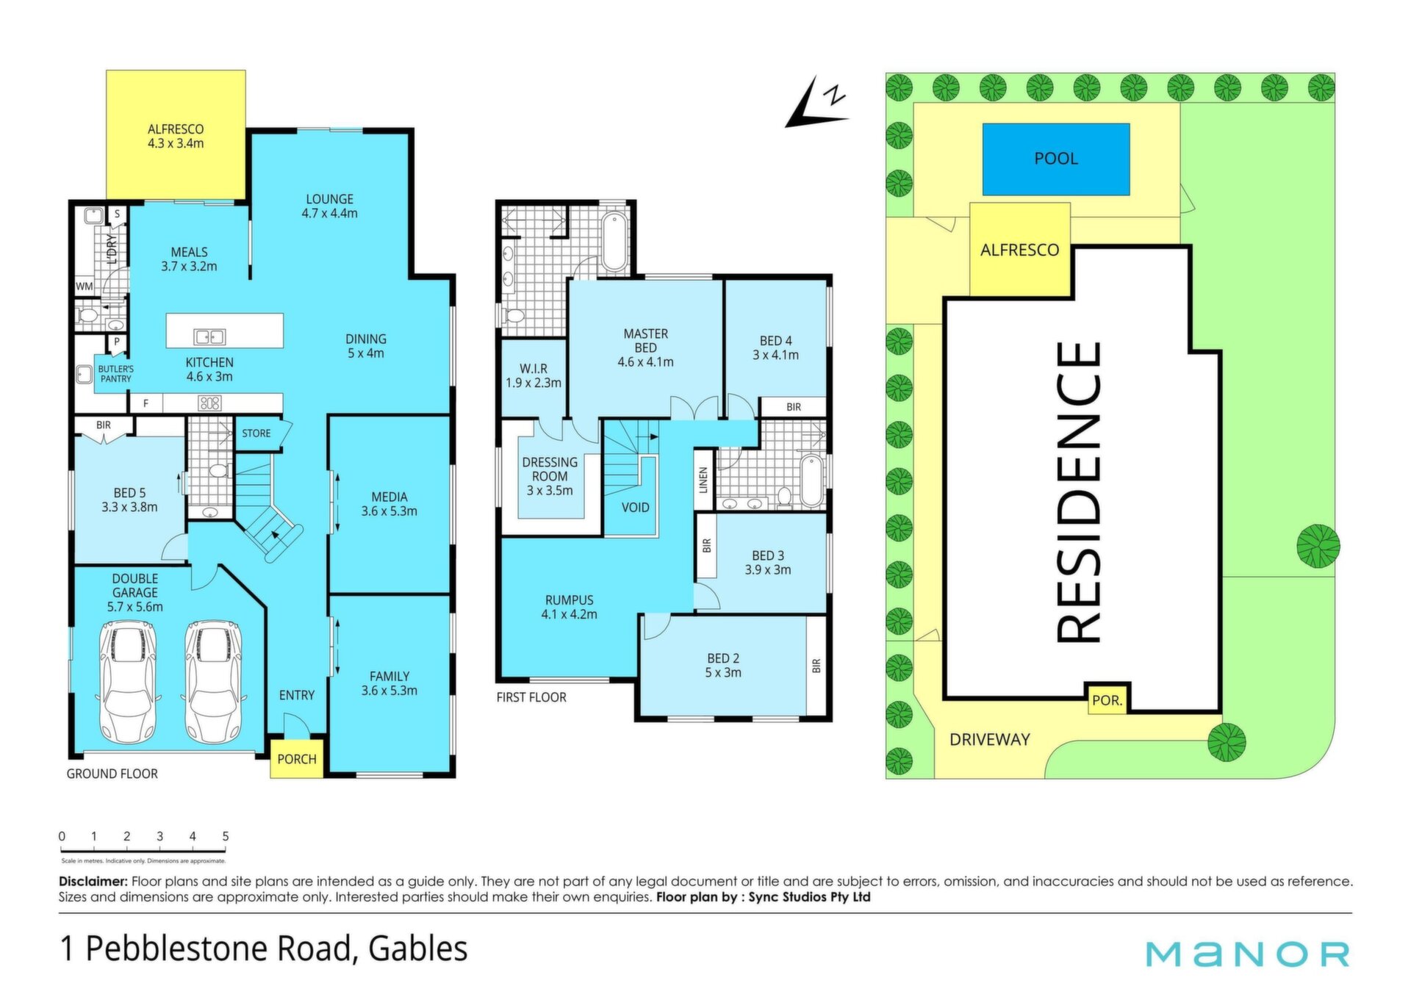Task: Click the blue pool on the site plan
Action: pyautogui.click(x=1055, y=159)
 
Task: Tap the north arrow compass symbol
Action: pyautogui.click(x=816, y=103)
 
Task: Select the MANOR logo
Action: pyautogui.click(x=1248, y=954)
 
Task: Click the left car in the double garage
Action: pyautogui.click(x=129, y=682)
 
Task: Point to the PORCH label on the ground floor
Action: pyautogui.click(x=297, y=759)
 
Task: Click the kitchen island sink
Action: pyautogui.click(x=209, y=337)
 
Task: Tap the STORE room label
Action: pyautogui.click(x=256, y=433)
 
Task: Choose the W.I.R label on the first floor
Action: pyautogui.click(x=534, y=369)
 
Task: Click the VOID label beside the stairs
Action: pyautogui.click(x=636, y=508)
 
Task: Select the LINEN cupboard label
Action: pyautogui.click(x=703, y=480)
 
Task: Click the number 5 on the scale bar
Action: pyautogui.click(x=226, y=836)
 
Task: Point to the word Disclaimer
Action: pyautogui.click(x=93, y=881)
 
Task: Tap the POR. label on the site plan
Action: pyautogui.click(x=1107, y=700)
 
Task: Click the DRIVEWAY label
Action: pyautogui.click(x=990, y=740)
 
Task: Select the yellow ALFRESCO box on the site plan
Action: pyautogui.click(x=1020, y=250)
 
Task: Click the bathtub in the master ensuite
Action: pyautogui.click(x=614, y=241)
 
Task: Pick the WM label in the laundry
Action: pyautogui.click(x=85, y=286)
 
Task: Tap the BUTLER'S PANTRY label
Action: pyautogui.click(x=116, y=374)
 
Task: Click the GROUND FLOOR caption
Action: pyautogui.click(x=112, y=774)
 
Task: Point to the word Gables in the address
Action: pyautogui.click(x=418, y=949)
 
